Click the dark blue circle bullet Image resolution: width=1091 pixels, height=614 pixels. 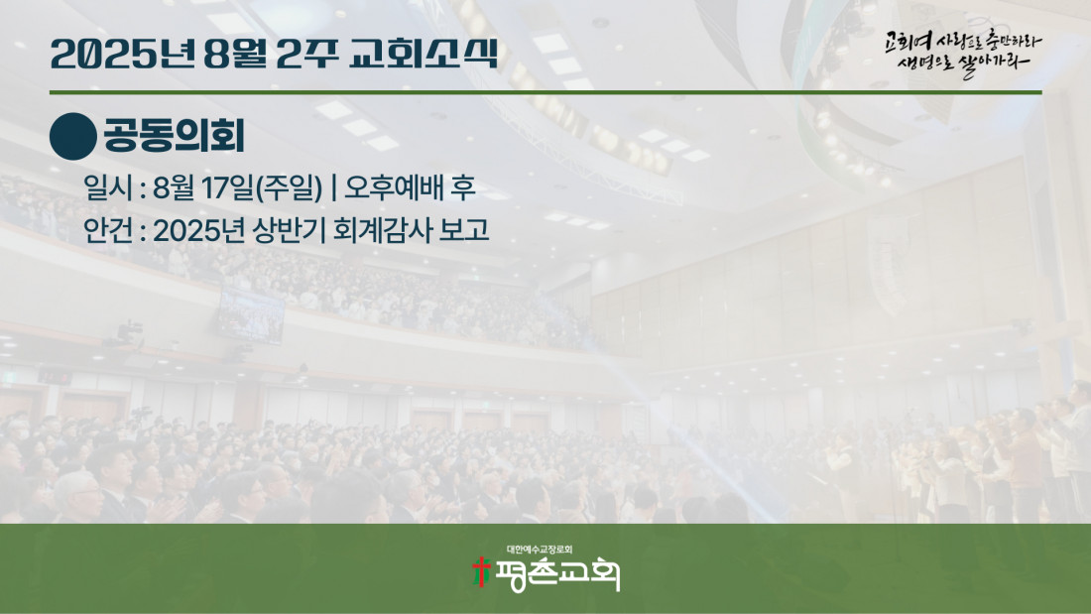73,137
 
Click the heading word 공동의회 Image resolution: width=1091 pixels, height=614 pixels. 174,136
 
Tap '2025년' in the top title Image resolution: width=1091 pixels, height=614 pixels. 122,54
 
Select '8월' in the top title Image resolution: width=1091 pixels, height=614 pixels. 235,54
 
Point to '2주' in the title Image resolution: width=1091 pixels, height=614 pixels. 307,54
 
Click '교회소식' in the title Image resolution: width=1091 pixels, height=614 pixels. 424,54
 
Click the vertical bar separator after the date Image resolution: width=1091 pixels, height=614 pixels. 334,187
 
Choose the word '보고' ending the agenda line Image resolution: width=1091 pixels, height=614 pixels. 464,230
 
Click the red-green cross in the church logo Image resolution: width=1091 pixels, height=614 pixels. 481,571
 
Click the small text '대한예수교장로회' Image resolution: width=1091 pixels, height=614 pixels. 540,550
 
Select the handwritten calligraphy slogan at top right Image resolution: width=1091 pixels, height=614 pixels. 963,54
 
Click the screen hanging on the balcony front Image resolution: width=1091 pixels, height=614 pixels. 251,315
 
